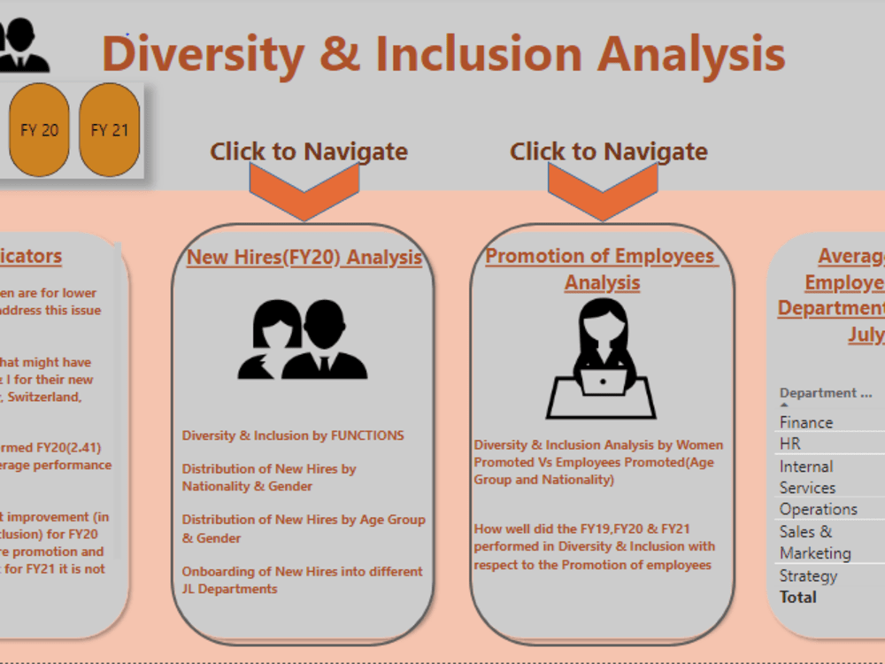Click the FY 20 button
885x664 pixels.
pos(39,130)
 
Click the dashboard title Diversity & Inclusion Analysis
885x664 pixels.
pos(443,53)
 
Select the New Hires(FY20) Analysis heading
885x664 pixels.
pos(304,257)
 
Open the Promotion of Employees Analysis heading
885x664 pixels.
pos(601,268)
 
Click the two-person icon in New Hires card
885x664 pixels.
pos(302,340)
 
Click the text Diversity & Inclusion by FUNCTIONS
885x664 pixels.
pos(293,436)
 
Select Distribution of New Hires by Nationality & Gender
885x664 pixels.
pos(269,477)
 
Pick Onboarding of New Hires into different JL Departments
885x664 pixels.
pos(302,580)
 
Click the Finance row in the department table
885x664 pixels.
pos(806,422)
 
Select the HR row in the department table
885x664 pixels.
pos(790,444)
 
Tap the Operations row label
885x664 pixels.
pos(819,509)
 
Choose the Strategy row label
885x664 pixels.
pos(808,575)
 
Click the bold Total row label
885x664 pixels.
pos(798,597)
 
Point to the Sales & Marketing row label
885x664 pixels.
pos(815,542)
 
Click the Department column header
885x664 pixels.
pos(826,393)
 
